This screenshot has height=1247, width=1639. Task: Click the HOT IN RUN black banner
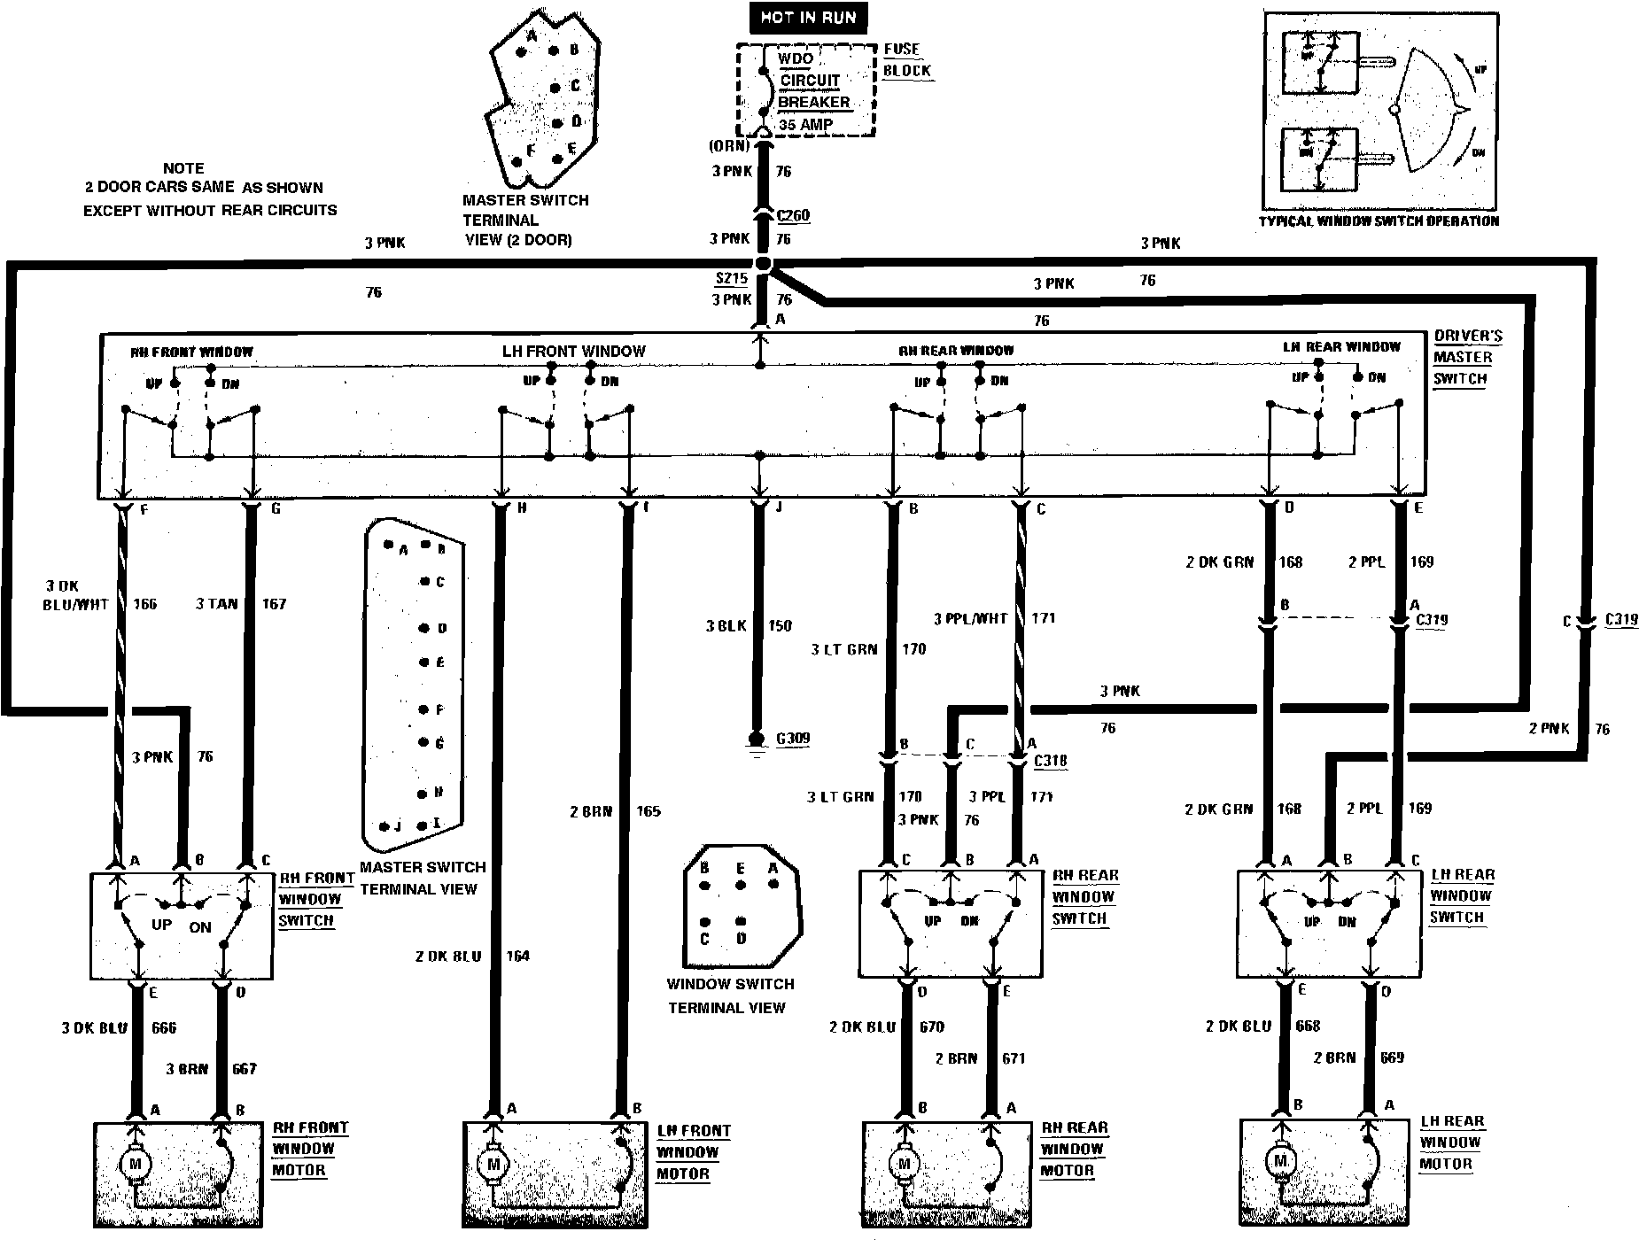[808, 18]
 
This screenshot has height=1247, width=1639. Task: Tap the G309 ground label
[791, 739]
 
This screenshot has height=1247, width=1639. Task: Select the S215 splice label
[732, 278]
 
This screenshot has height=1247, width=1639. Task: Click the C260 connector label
[792, 215]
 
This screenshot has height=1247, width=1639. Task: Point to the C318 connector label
[1051, 761]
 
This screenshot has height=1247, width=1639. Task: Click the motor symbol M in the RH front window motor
[136, 1164]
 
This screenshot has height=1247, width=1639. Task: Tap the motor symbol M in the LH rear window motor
[1279, 1159]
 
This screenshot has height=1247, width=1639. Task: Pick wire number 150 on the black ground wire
[780, 626]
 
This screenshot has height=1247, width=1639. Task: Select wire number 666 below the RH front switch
[164, 1027]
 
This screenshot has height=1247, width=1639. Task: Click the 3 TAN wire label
[216, 604]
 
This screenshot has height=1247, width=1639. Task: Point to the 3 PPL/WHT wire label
[971, 618]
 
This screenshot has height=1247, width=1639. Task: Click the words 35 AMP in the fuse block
[805, 125]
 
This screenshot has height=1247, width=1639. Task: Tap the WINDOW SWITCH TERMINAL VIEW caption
[730, 995]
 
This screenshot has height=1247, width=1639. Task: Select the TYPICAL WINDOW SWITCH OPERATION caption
[1379, 221]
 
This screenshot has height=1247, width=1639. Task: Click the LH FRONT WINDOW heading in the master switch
[573, 352]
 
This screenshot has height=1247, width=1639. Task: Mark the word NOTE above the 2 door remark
[183, 168]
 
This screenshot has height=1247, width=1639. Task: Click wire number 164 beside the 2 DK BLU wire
[517, 956]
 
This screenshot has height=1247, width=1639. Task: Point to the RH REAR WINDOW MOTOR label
[1074, 1149]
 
